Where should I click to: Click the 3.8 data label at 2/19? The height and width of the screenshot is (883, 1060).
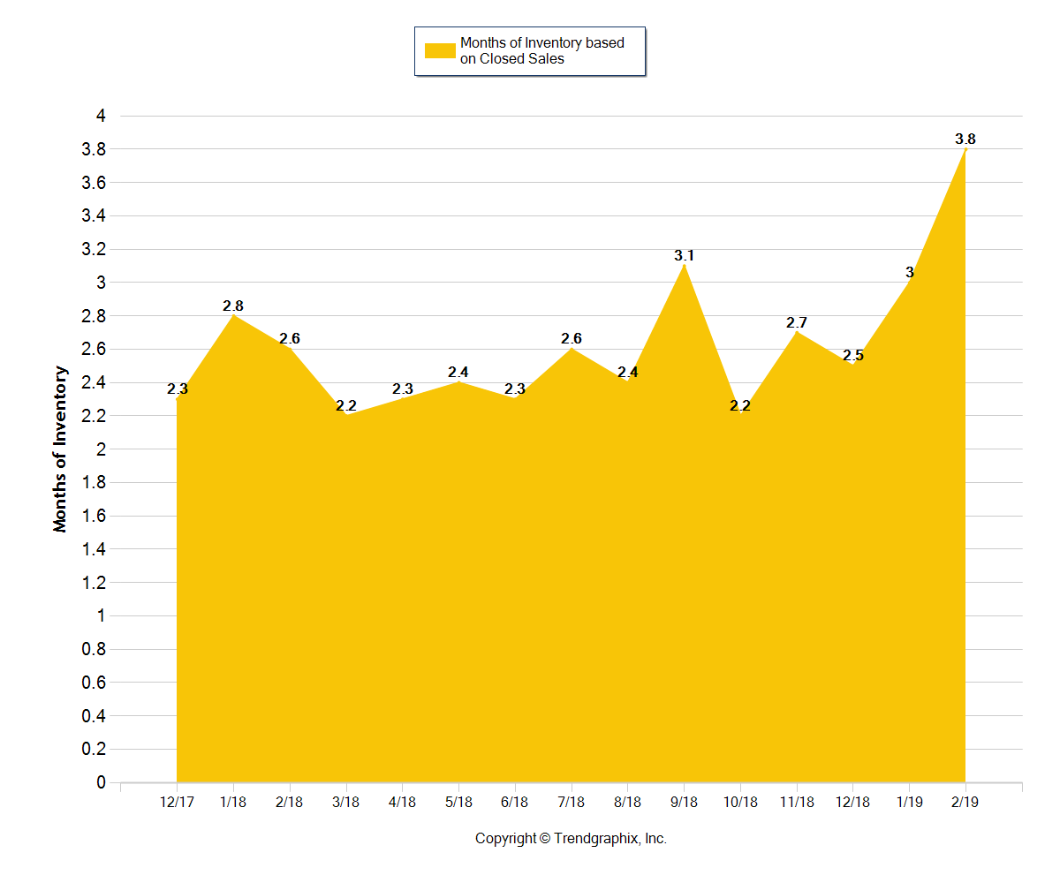(965, 140)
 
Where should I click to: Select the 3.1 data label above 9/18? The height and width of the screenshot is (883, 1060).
(684, 256)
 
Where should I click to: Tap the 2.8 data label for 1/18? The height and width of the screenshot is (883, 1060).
(233, 306)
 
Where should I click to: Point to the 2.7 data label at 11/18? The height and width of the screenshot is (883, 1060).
(797, 323)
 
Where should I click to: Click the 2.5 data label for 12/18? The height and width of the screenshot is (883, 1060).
(852, 356)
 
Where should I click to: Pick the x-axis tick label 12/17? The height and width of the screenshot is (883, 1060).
(177, 802)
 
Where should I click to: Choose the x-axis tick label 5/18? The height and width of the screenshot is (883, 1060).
(458, 802)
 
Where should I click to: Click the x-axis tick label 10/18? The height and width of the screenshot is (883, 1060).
(740, 802)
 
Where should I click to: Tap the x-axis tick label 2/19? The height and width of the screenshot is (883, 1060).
(965, 802)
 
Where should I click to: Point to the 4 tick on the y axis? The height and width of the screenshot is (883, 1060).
(101, 116)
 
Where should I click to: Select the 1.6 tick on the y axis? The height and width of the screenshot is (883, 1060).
(94, 516)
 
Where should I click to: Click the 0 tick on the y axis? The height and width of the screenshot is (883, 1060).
(101, 782)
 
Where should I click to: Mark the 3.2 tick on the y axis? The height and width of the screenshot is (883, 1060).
(94, 249)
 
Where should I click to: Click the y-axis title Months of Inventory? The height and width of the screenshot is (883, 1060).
(60, 449)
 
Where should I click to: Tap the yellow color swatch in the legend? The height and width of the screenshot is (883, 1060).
(439, 51)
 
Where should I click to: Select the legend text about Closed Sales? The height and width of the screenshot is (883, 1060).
(541, 51)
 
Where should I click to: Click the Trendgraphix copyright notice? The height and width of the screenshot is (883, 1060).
(571, 839)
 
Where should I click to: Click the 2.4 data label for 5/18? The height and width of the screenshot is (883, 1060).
(458, 373)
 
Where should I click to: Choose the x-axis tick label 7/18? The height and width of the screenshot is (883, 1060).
(572, 802)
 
